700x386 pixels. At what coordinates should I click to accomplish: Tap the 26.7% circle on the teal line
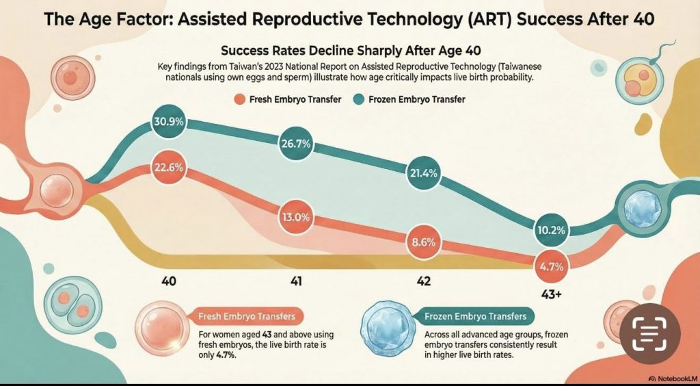point(296,144)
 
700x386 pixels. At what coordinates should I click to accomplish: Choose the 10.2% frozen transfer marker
point(551,231)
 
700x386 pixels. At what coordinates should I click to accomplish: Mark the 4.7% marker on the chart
point(551,268)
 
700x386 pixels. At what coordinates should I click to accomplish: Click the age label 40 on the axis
point(169,282)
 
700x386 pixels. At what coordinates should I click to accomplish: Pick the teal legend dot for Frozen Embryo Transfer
point(359,99)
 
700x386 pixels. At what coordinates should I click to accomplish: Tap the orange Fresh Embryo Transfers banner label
point(247,317)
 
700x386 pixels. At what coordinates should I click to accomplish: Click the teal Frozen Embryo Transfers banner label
point(475,317)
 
